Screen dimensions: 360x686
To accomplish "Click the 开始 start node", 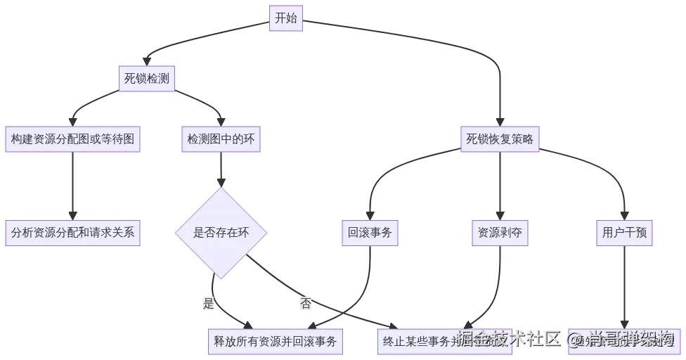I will point(285,19).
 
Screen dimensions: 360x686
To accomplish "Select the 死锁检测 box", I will point(147,79).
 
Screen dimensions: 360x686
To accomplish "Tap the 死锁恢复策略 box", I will point(500,139).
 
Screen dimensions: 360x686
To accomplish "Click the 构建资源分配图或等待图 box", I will point(72,139).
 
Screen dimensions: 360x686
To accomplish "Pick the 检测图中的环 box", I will point(221,139).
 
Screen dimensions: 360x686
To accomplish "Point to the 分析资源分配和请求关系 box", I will point(72,232).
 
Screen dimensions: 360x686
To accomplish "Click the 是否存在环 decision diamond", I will point(221,232).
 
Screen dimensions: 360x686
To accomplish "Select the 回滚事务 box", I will point(370,232).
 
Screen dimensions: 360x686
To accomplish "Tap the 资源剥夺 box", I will point(499,232).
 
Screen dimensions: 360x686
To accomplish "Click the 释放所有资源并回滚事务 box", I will point(276,342).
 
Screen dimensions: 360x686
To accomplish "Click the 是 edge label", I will point(208,304).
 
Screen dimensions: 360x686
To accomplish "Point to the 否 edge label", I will point(306,304).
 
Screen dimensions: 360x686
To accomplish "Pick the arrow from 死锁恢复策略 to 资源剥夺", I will point(500,186).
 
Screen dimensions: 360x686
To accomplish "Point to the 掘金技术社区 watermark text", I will point(509,339).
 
